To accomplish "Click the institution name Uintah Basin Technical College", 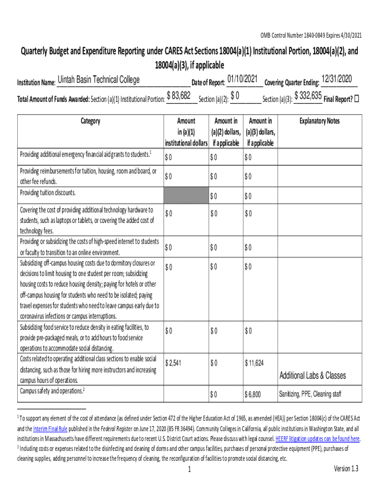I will coord(98,80).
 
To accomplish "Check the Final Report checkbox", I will coord(357,98).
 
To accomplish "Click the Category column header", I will coord(90,121).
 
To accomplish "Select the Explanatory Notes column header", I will coord(319,121).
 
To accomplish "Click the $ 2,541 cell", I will coord(174,363).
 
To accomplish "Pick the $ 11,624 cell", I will coord(254,363).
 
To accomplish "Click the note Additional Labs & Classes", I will coord(313,376).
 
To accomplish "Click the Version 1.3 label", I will coord(346,469).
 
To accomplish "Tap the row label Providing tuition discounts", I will coord(47,192).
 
